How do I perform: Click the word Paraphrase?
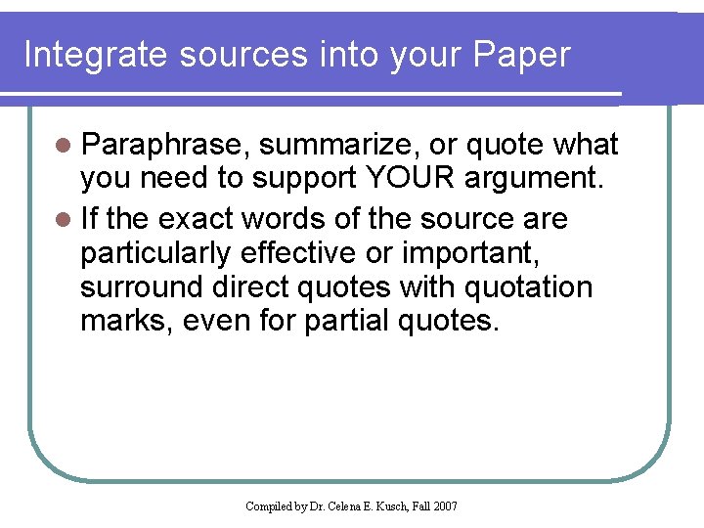(168, 146)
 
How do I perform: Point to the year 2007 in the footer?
(444, 506)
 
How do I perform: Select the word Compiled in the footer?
(269, 506)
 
